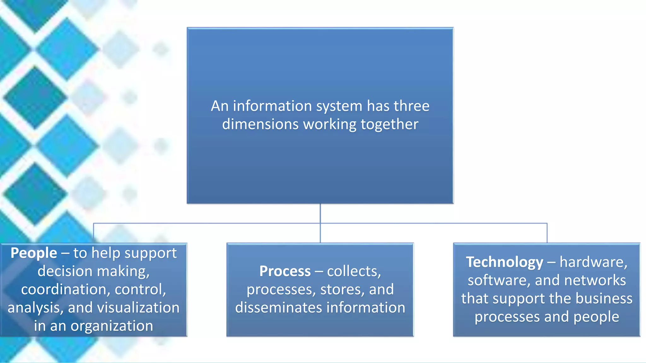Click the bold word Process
pyautogui.click(x=285, y=271)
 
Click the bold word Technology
pyautogui.click(x=504, y=262)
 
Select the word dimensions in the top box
pyautogui.click(x=260, y=124)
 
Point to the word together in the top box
pyautogui.click(x=389, y=124)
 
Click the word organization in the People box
pyautogui.click(x=112, y=326)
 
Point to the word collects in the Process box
pyautogui.click(x=354, y=271)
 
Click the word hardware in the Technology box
pyautogui.click(x=593, y=262)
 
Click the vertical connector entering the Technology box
pyautogui.click(x=547, y=233)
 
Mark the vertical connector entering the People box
pyautogui.click(x=94, y=233)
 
